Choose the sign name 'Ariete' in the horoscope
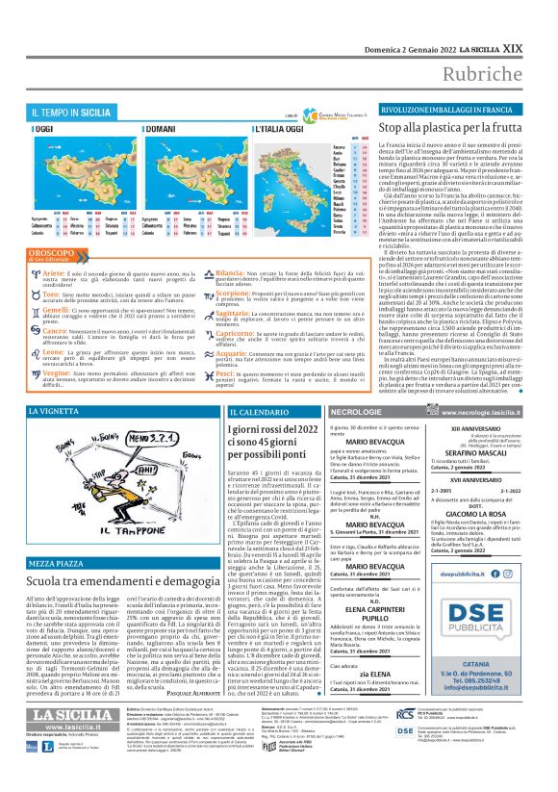(50, 273)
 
